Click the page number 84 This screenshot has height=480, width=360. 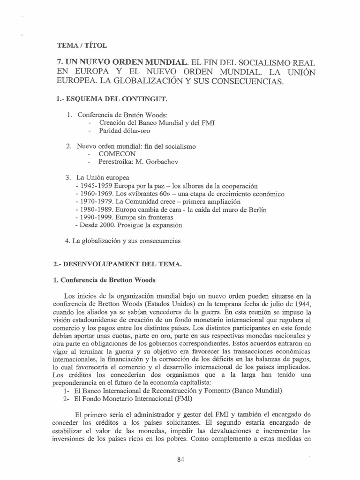click(181, 446)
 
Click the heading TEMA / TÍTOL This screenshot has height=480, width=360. click(82, 45)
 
